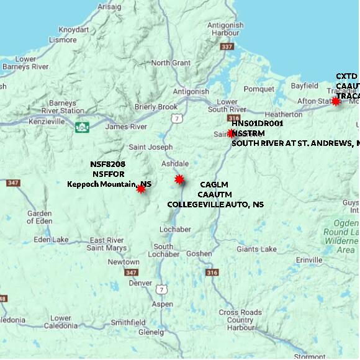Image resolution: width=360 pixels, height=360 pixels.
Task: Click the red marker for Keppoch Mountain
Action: coord(142,189)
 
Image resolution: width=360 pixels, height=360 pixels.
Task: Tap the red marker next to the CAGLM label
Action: coord(179,179)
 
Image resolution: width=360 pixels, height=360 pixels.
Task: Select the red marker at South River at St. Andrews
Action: coord(231,133)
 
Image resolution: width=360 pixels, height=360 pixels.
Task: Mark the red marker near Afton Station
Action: coord(336,101)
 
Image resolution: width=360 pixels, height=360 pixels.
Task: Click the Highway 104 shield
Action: coord(81,127)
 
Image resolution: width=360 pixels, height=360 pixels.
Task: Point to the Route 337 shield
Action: coord(227,47)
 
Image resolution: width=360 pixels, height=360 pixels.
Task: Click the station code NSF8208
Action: coord(107,164)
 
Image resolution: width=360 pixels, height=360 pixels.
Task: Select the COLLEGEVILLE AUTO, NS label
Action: coord(215,204)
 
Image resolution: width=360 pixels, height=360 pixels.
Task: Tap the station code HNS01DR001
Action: coord(257,124)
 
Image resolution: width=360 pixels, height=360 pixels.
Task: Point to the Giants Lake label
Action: coord(256,250)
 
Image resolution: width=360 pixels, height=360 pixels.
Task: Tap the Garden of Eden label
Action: coord(38,218)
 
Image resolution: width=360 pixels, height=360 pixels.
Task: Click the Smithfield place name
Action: coord(128,323)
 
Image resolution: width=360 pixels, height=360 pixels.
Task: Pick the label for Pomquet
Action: coord(259,89)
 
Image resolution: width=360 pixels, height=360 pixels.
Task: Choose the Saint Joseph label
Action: coord(150,147)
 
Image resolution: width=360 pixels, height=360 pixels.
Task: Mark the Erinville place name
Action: coord(310,259)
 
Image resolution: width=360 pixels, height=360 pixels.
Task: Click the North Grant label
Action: coord(171,63)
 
